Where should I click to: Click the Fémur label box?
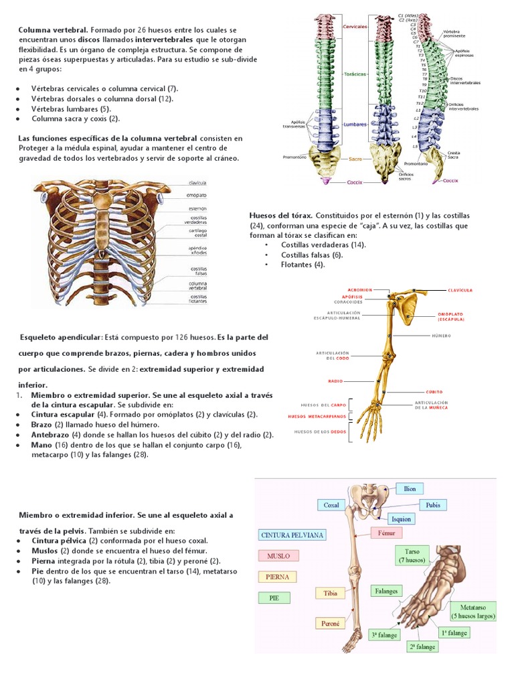coord(387,534)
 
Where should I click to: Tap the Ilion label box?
coord(410,489)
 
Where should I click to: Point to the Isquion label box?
coord(401,519)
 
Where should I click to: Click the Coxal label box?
coord(331,505)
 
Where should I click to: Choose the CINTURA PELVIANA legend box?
coord(283,535)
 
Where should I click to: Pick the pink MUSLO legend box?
coord(278,556)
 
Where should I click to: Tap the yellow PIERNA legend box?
coord(277,576)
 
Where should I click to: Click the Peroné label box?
coord(331,623)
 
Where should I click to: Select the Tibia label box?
coord(331,593)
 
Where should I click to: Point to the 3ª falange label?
coord(383,634)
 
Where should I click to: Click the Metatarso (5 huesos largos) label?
coord(473,610)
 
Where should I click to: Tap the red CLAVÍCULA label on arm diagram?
coord(460,291)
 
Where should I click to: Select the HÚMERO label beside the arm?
coord(441,335)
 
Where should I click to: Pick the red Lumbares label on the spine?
coord(355,125)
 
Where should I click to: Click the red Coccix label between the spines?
coord(355,182)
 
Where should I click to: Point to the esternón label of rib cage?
coord(197,208)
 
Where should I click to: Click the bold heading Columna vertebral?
coord(53,30)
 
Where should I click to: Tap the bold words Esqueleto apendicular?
coord(60,337)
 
